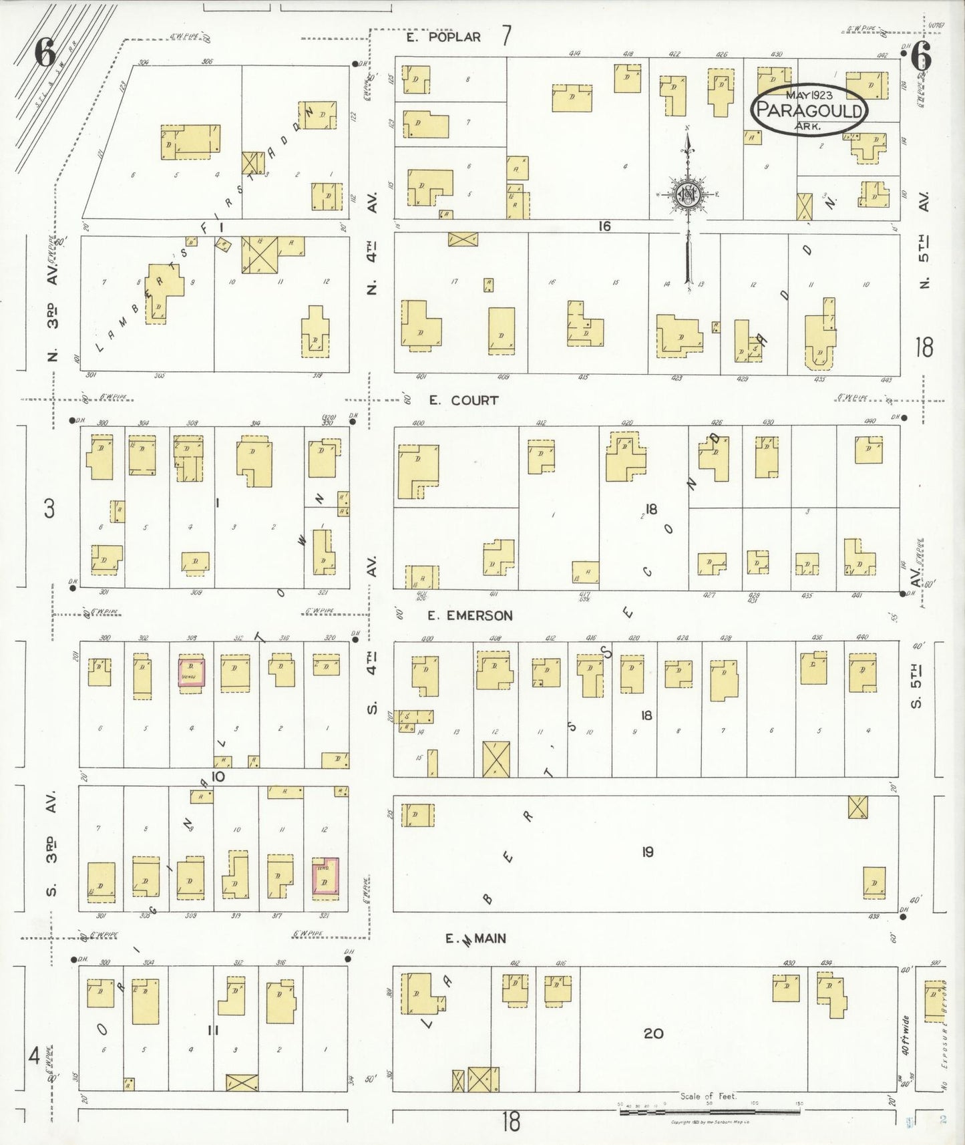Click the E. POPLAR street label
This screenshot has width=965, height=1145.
tap(444, 37)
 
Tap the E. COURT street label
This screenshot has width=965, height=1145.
tap(463, 400)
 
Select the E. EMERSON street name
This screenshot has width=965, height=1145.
tap(470, 615)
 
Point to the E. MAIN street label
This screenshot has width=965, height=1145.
tap(476, 939)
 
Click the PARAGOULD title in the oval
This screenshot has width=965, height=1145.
tap(809, 110)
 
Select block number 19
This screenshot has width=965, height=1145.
tap(647, 852)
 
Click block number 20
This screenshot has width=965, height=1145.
tap(652, 1033)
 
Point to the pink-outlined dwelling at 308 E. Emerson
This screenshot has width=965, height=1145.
tap(191, 672)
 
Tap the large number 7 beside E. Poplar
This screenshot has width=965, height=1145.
tap(506, 36)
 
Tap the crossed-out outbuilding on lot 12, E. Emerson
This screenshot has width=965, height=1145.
tap(496, 758)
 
